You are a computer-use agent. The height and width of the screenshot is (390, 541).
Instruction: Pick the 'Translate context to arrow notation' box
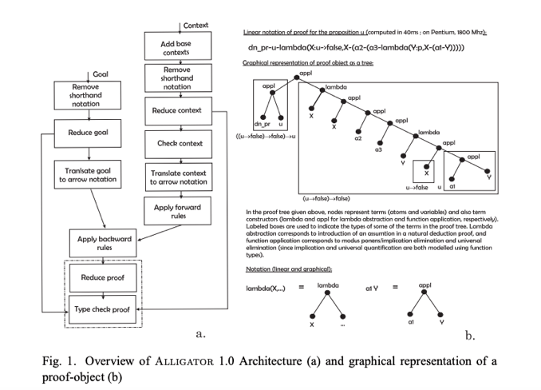pyautogui.click(x=177, y=177)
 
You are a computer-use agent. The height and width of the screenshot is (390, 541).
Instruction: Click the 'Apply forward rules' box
pyautogui.click(x=177, y=211)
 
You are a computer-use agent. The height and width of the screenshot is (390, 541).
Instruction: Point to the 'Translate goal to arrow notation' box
pyautogui.click(x=89, y=175)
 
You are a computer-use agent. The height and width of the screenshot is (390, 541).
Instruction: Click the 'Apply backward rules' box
pyautogui.click(x=105, y=241)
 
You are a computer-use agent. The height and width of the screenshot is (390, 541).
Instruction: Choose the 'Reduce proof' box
pyautogui.click(x=104, y=278)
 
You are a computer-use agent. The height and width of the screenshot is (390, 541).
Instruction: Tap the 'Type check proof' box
pyautogui.click(x=104, y=308)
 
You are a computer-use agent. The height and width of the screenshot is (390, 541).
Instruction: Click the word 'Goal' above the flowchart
pyautogui.click(x=101, y=74)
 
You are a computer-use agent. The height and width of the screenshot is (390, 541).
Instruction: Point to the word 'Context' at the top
pyautogui.click(x=195, y=26)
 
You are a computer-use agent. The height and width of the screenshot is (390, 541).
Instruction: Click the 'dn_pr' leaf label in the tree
pyautogui.click(x=262, y=124)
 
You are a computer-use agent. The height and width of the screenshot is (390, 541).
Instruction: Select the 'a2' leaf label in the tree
pyautogui.click(x=358, y=138)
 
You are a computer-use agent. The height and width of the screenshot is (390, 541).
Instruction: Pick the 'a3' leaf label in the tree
pyautogui.click(x=379, y=149)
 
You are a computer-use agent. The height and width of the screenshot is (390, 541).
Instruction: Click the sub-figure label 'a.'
pyautogui.click(x=203, y=332)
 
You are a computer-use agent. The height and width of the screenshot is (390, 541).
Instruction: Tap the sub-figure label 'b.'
pyautogui.click(x=470, y=336)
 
